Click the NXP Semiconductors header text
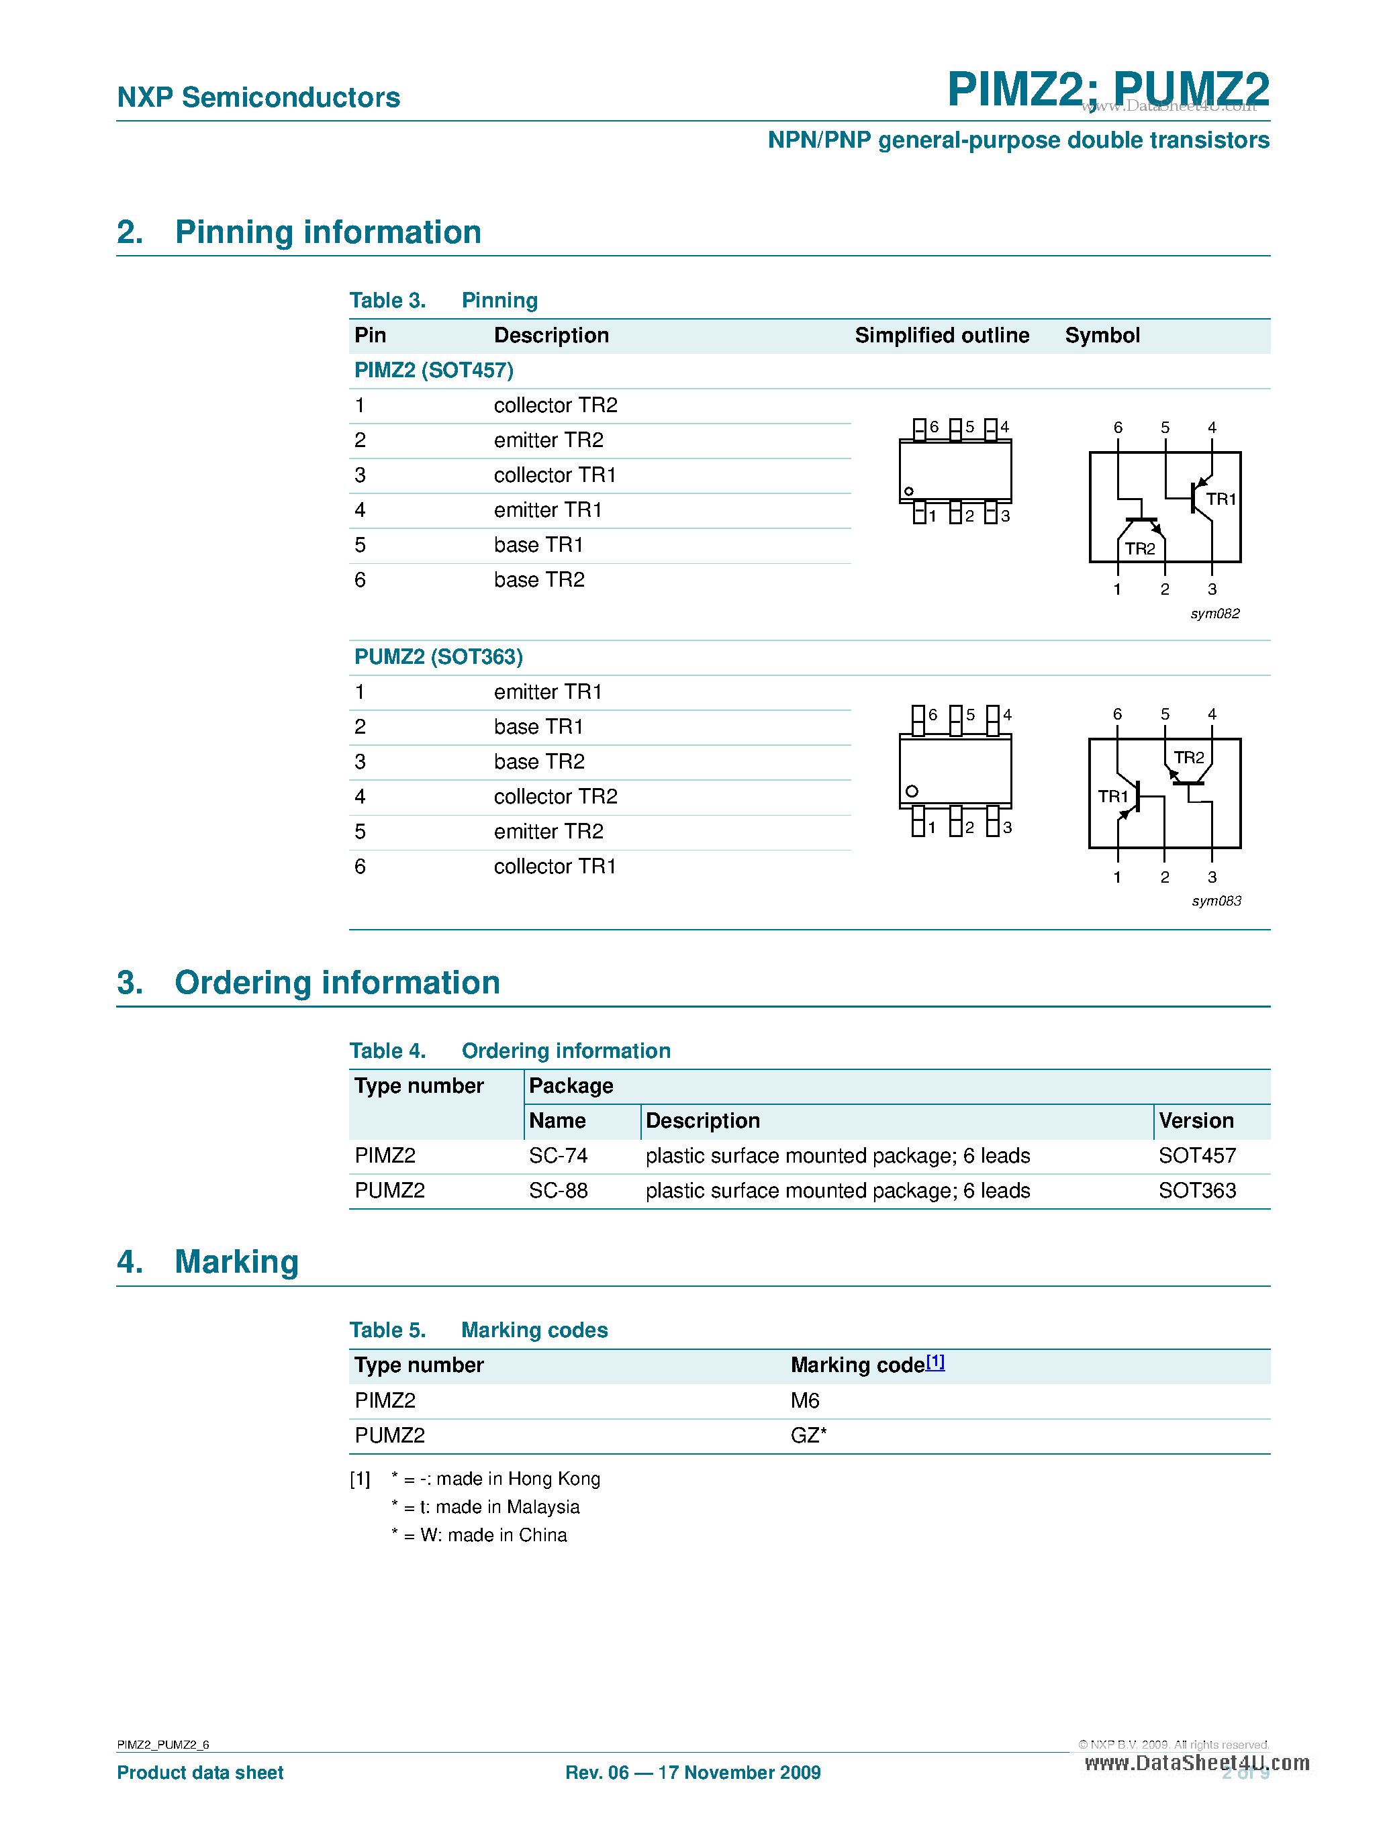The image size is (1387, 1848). [258, 98]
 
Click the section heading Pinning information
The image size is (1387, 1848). [328, 232]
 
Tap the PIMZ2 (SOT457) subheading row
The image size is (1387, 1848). [434, 370]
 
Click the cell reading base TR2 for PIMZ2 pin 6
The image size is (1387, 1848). [539, 580]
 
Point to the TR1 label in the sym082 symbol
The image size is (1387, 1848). [1220, 499]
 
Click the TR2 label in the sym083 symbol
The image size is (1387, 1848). [1188, 757]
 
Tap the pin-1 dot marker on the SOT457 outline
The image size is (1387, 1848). [909, 491]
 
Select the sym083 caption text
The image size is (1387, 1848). [1216, 901]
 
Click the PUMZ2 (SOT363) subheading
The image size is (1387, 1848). [438, 656]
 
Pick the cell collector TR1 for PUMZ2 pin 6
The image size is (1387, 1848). [554, 867]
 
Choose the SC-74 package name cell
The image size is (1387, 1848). [558, 1155]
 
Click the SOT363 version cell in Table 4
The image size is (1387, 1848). [1196, 1191]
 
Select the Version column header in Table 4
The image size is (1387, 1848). [1196, 1120]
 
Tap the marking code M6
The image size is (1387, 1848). [805, 1400]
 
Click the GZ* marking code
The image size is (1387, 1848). [808, 1435]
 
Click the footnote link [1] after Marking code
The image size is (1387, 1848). [935, 1362]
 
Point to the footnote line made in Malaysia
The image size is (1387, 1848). [485, 1506]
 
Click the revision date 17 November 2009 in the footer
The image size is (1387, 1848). [738, 1772]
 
